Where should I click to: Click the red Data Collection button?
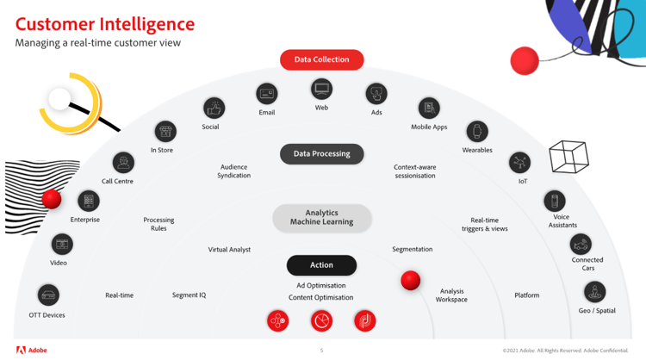pos(321,59)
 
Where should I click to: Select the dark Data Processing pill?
pos(321,154)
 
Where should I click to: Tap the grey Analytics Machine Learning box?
pos(321,218)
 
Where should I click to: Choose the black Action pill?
pos(321,265)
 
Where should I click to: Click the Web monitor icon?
pos(321,89)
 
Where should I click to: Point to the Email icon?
pos(267,93)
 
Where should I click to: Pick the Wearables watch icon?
pos(476,131)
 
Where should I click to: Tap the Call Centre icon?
pos(123,162)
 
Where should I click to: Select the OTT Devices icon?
pos(48,295)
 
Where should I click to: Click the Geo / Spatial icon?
pos(594,292)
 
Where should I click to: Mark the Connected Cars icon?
pos(582,245)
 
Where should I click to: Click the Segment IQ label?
pos(189,295)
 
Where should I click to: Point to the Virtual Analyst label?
pos(229,250)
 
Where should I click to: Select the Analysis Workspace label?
pos(451,295)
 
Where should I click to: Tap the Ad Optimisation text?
pos(321,285)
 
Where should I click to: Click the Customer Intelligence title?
pos(105,24)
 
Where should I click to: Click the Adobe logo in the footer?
pos(32,351)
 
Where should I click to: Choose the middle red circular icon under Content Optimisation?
pos(321,321)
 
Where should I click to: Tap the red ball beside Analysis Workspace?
pos(411,280)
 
